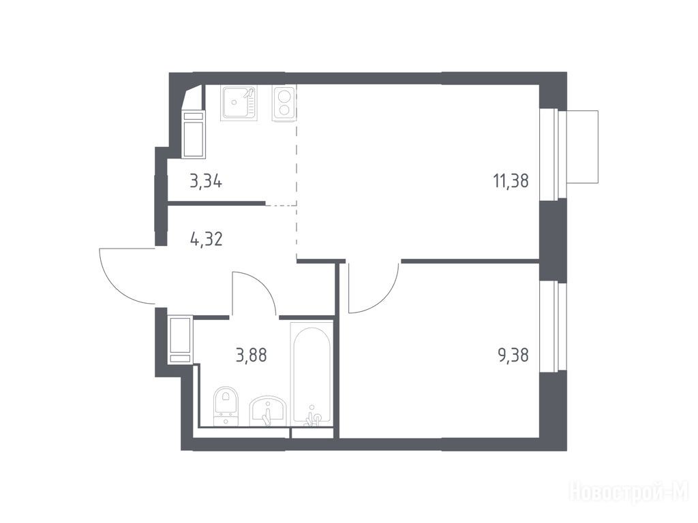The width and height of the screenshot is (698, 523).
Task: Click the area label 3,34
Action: pos(206,181)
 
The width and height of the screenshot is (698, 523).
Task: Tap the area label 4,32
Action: pos(206,240)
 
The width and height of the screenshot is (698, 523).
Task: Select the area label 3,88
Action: pos(252,355)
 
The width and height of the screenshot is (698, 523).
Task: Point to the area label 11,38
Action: pos(511,181)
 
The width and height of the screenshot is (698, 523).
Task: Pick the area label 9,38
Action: pos(513,355)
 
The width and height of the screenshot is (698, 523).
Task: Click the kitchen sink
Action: pos(239,104)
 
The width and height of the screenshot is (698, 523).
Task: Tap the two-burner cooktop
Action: pos(284,104)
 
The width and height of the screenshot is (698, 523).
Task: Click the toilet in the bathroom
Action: pos(226,406)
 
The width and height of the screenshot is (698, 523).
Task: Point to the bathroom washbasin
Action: pos(267,411)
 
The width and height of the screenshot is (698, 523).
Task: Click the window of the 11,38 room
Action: pos(553,154)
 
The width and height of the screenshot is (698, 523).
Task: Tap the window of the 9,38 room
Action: pos(553,327)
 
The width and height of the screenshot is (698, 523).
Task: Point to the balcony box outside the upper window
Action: pos(582,146)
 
